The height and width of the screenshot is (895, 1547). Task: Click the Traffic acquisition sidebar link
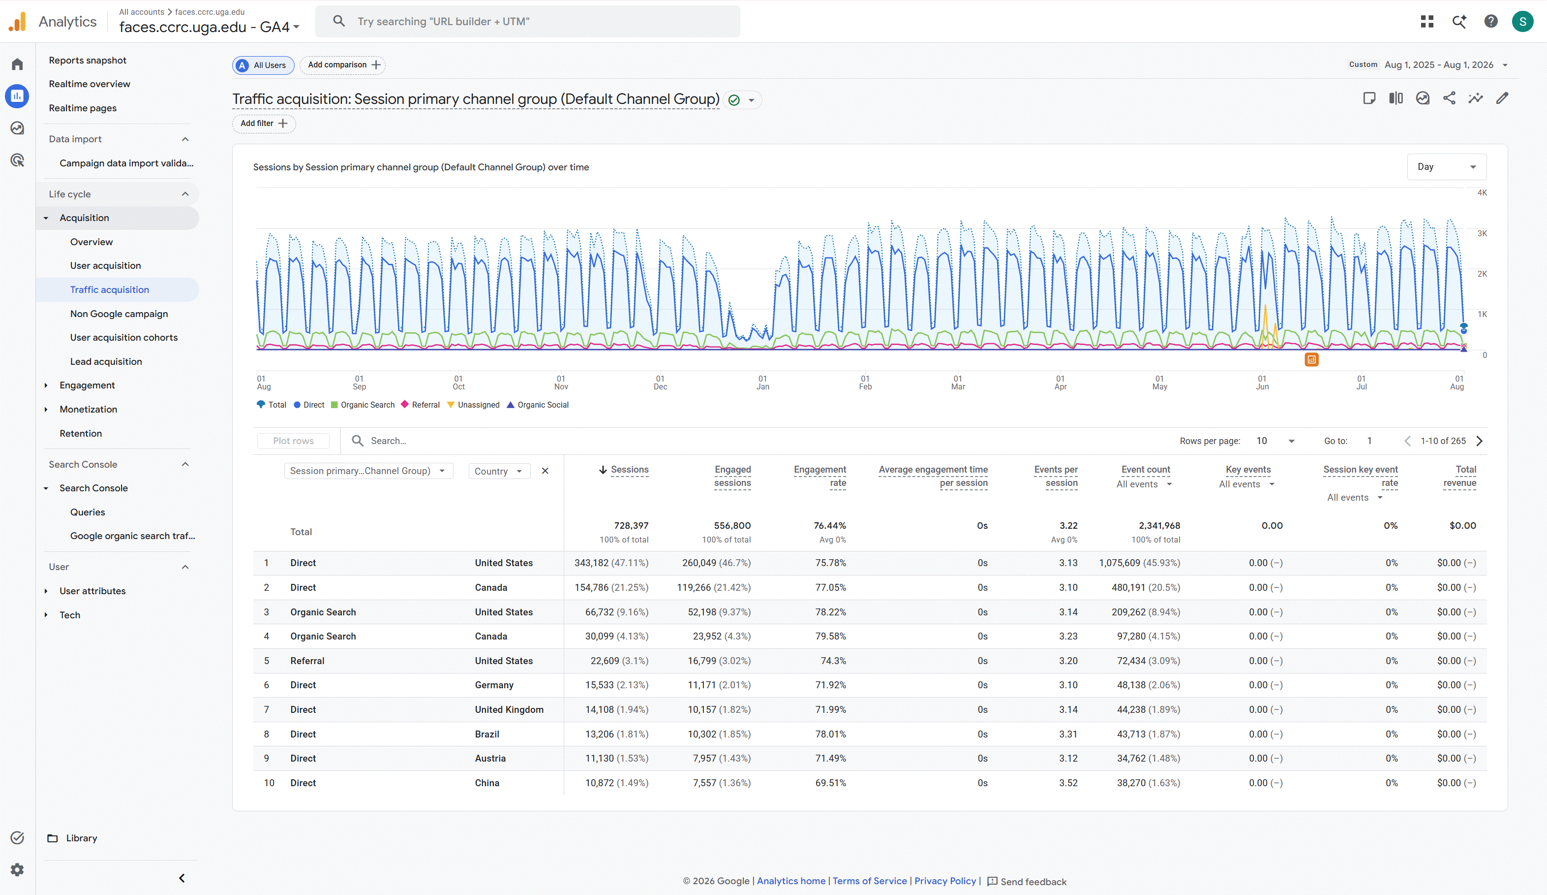[x=109, y=289]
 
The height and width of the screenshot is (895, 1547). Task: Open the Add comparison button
[x=342, y=65]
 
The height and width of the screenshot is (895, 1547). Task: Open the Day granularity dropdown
[x=1446, y=167]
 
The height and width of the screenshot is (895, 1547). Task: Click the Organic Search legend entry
[x=363, y=405]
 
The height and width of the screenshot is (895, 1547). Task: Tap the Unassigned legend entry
[x=473, y=405]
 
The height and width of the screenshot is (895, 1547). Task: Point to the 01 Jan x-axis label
[x=762, y=382]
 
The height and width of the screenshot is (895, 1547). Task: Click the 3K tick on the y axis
[x=1482, y=233]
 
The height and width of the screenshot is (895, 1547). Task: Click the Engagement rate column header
[x=819, y=476]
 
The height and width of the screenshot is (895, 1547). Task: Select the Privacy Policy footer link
[x=945, y=881]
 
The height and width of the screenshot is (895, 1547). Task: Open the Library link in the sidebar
[x=81, y=838]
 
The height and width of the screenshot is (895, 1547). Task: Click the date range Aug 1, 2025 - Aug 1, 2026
[x=1438, y=65]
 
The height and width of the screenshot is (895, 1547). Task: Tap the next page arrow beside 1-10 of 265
[x=1480, y=441]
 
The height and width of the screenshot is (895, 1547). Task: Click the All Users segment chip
[x=263, y=65]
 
